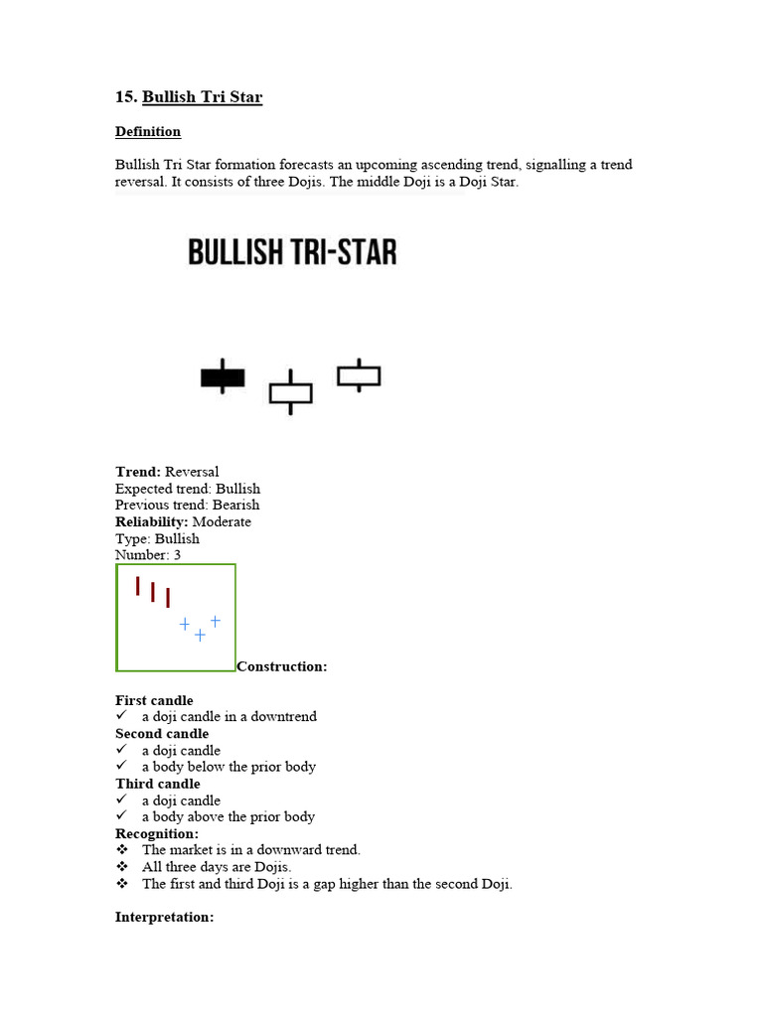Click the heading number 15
[125, 97]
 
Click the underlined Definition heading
[148, 132]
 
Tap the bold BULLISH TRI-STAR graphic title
[292, 252]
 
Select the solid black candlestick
[223, 377]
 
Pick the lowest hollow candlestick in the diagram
[290, 393]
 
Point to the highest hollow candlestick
[359, 375]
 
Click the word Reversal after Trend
[192, 472]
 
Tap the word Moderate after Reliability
[222, 521]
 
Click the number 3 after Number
[177, 555]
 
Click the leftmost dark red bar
[138, 586]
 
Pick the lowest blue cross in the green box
[200, 635]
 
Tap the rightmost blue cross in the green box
[215, 621]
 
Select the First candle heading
[154, 700]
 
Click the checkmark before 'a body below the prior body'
[122, 767]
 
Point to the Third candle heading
[157, 784]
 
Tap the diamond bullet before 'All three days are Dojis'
[122, 867]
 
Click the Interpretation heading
[164, 917]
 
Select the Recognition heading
[157, 833]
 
